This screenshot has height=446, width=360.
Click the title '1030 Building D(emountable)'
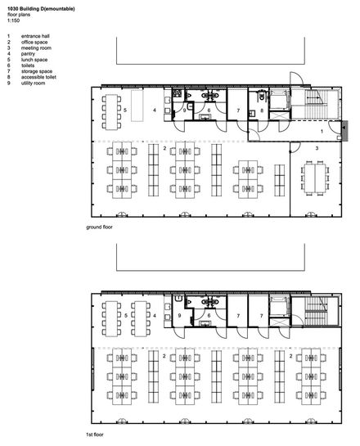click(41, 9)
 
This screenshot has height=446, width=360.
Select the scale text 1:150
click(13, 20)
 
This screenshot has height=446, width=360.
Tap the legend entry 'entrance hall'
click(35, 36)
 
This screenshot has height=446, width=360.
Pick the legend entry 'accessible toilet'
click(38, 77)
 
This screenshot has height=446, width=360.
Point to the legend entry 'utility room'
click(33, 83)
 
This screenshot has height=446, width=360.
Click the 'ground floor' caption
click(99, 227)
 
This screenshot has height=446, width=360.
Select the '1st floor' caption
click(95, 435)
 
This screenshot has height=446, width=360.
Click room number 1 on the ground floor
click(322, 132)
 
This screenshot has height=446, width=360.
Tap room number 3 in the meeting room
click(317, 148)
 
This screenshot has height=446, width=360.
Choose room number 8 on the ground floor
click(262, 110)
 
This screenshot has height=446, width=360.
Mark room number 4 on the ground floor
click(155, 110)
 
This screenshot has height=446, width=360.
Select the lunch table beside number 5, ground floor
click(111, 112)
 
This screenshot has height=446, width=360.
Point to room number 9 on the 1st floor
click(179, 315)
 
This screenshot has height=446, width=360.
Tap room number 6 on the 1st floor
click(209, 315)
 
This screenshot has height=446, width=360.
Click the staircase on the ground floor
click(315, 104)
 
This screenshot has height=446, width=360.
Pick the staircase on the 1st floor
click(316, 311)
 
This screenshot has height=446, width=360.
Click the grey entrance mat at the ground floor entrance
click(344, 131)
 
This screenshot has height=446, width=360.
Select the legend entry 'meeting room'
click(36, 47)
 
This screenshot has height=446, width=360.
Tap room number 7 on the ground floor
click(238, 110)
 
